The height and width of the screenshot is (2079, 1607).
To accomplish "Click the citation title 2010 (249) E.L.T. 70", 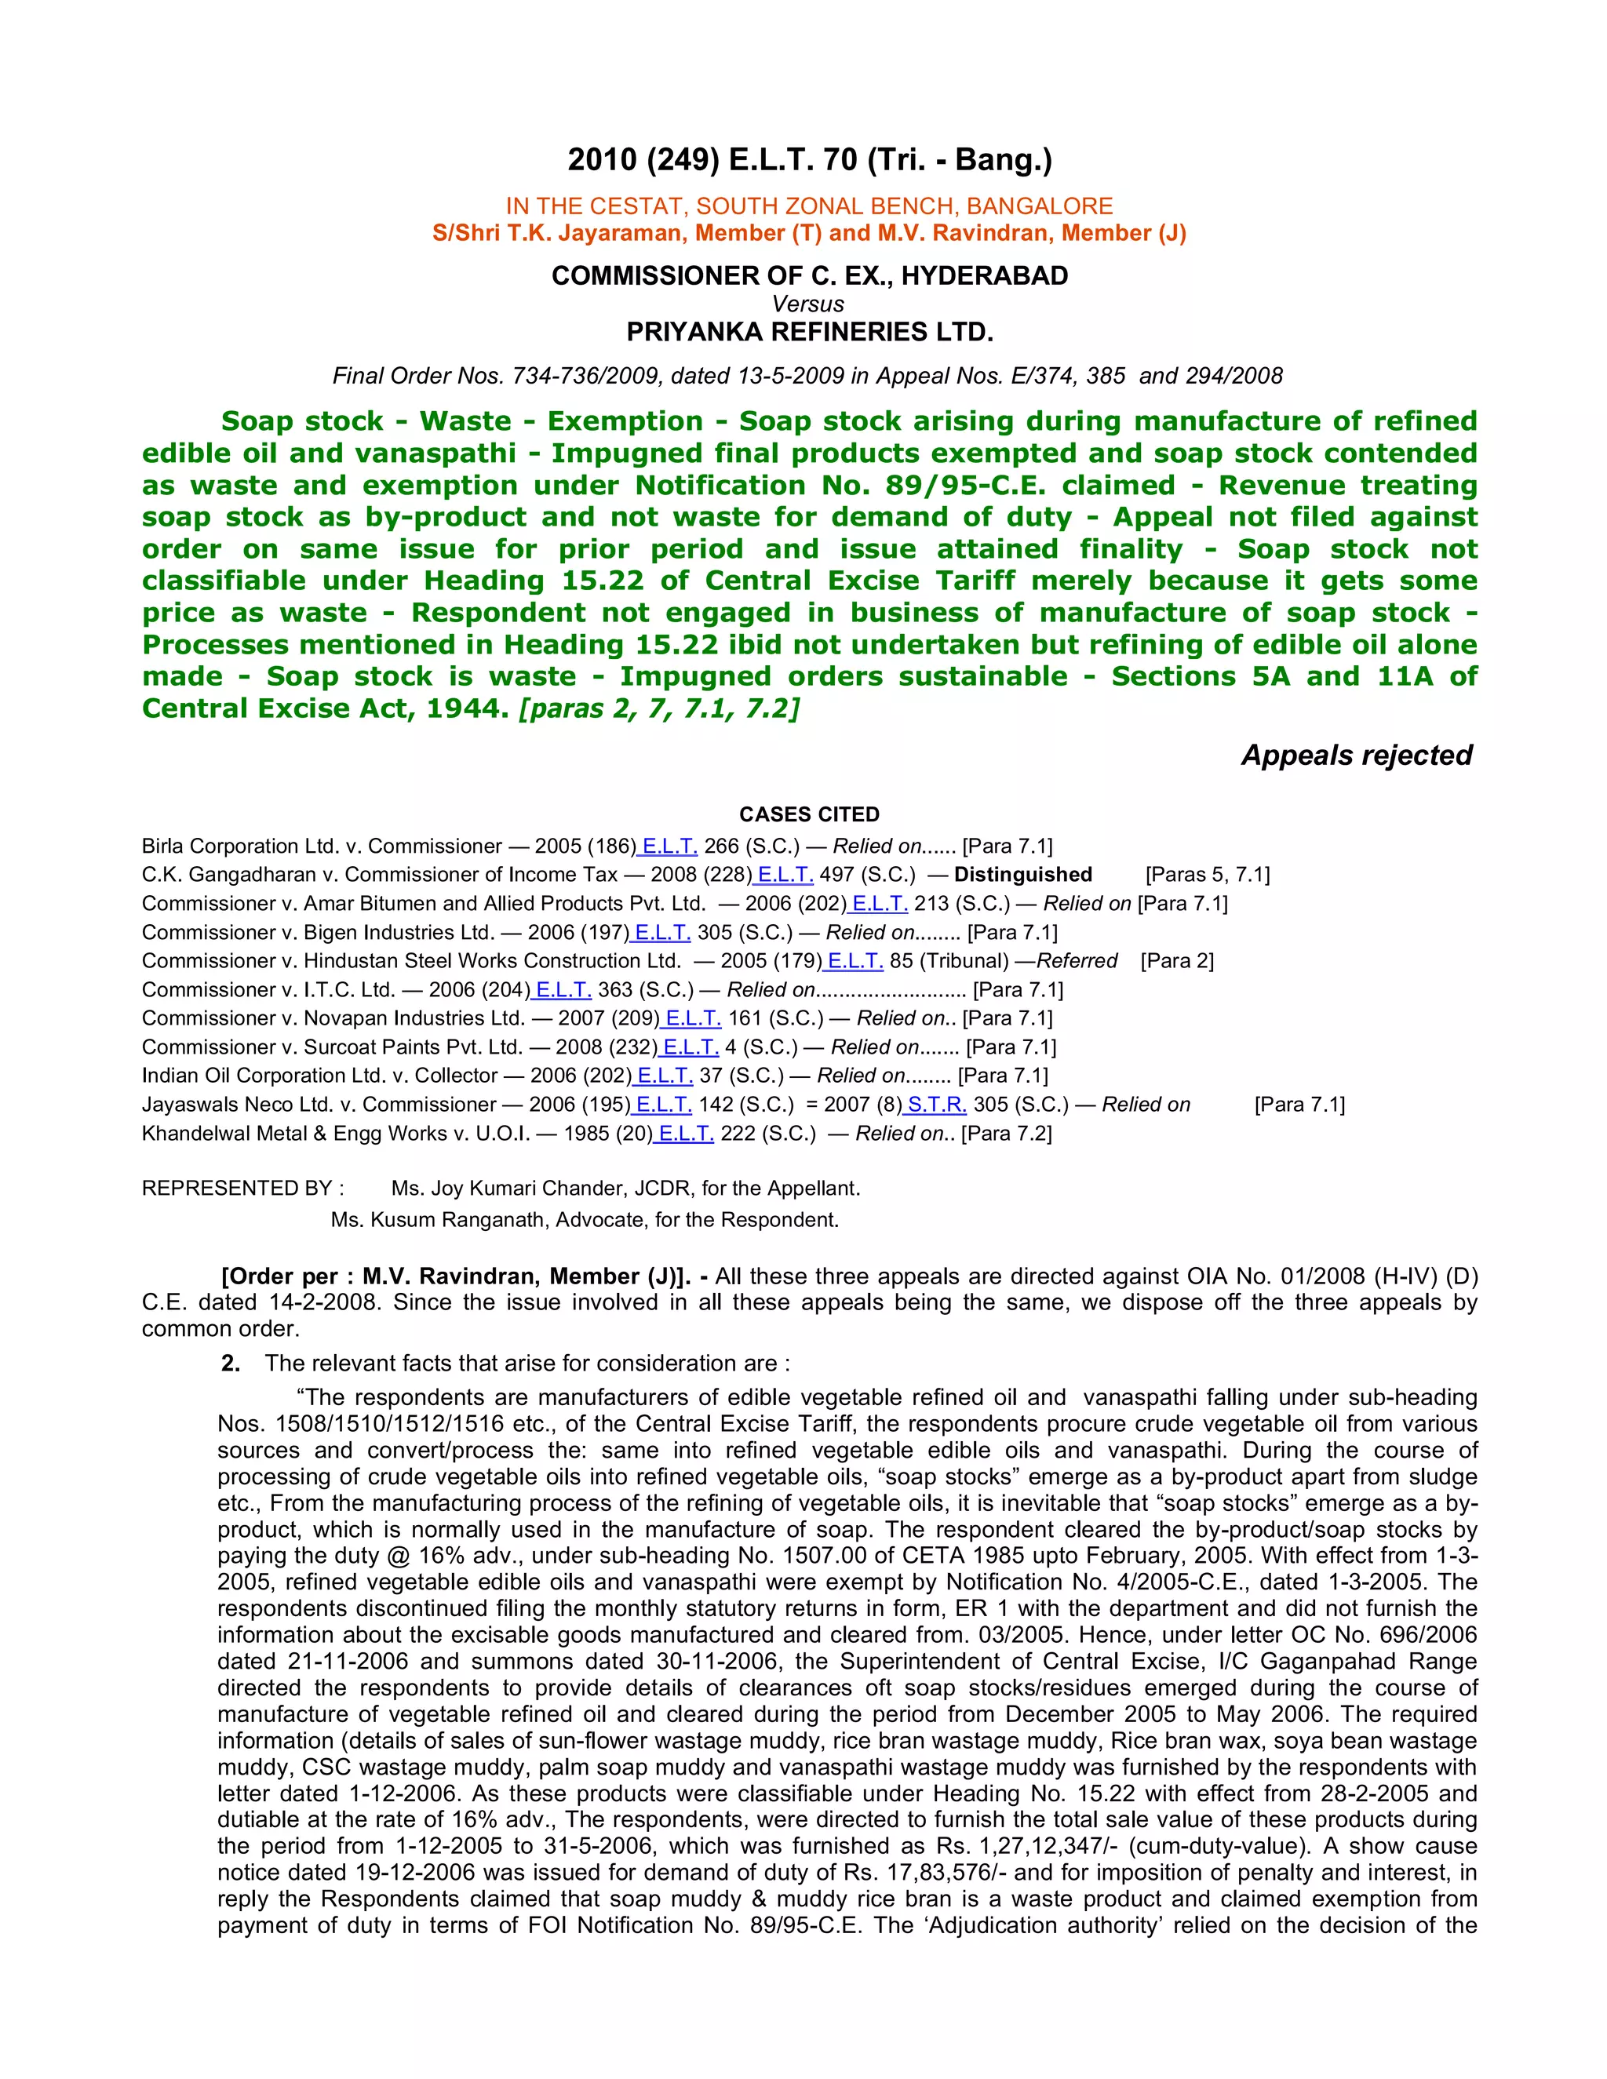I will click(x=809, y=159).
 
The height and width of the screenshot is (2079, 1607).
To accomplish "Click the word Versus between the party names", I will click(x=808, y=304).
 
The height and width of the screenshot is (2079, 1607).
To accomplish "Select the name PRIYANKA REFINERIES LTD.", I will click(x=809, y=332).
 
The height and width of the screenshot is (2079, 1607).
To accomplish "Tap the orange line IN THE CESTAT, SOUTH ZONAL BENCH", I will click(x=809, y=206).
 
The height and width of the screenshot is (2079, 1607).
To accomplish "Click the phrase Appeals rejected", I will click(x=1356, y=755).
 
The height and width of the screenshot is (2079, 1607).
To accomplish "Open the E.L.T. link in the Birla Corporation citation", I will click(x=669, y=847).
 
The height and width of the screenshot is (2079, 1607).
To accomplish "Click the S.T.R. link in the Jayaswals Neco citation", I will click(x=937, y=1105).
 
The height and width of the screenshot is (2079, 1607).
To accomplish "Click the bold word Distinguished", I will click(x=1022, y=875).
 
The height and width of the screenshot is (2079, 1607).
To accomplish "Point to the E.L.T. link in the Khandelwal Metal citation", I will click(x=686, y=1133).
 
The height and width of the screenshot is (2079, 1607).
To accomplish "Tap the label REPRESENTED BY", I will click(x=242, y=1188).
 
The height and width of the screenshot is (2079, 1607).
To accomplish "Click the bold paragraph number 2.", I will click(x=231, y=1364).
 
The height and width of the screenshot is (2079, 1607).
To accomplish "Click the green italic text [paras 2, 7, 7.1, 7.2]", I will click(x=659, y=708).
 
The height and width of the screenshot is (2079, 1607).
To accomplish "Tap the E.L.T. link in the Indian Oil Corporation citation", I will click(x=665, y=1076).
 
